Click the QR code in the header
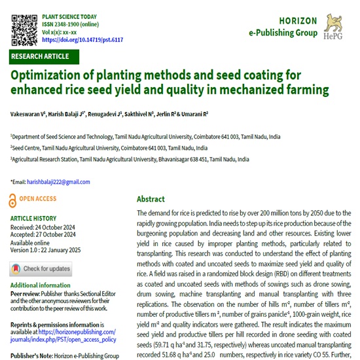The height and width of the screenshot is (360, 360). click(24, 26)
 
